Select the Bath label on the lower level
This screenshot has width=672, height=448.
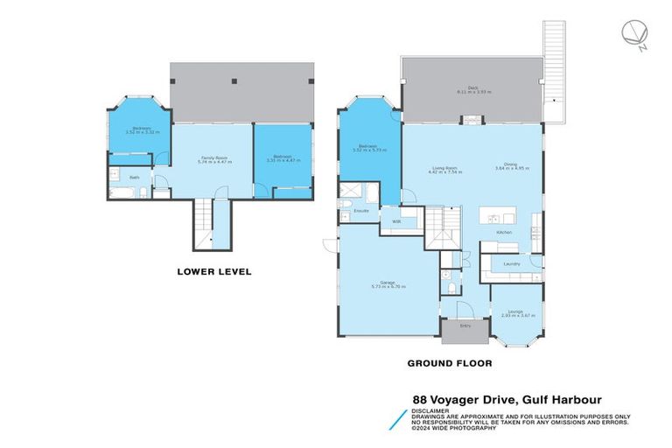tap(134, 178)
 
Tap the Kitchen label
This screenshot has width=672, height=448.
tap(504, 232)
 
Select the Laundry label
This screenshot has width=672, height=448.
tap(512, 263)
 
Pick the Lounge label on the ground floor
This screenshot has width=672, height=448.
tap(512, 311)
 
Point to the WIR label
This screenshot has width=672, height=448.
tap(396, 220)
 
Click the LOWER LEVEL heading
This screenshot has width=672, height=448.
tap(214, 272)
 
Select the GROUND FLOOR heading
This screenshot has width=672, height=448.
tap(450, 362)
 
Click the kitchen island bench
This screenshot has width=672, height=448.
tap(500, 216)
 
